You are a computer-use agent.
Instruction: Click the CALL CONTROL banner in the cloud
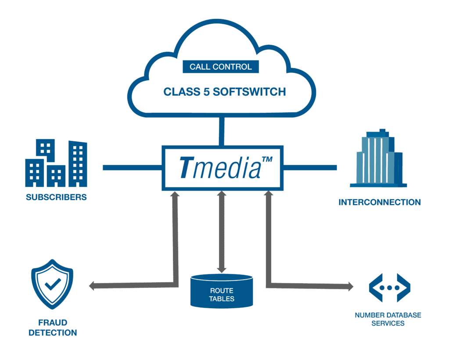click(221, 67)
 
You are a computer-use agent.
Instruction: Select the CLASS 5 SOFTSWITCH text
click(225, 92)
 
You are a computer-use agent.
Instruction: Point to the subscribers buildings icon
click(56, 163)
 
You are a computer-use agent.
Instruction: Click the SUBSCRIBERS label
click(56, 197)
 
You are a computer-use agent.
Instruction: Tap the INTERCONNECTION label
click(380, 202)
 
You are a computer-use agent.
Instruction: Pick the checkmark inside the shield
click(52, 284)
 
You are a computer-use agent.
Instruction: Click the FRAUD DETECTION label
click(53, 327)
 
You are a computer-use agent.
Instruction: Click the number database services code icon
click(389, 287)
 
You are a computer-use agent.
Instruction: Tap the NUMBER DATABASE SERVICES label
click(388, 319)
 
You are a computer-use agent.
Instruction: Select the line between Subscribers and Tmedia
click(132, 167)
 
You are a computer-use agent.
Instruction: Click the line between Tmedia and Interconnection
click(310, 167)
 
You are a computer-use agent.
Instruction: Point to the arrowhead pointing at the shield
click(92, 286)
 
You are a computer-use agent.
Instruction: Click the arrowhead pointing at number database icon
click(350, 287)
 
